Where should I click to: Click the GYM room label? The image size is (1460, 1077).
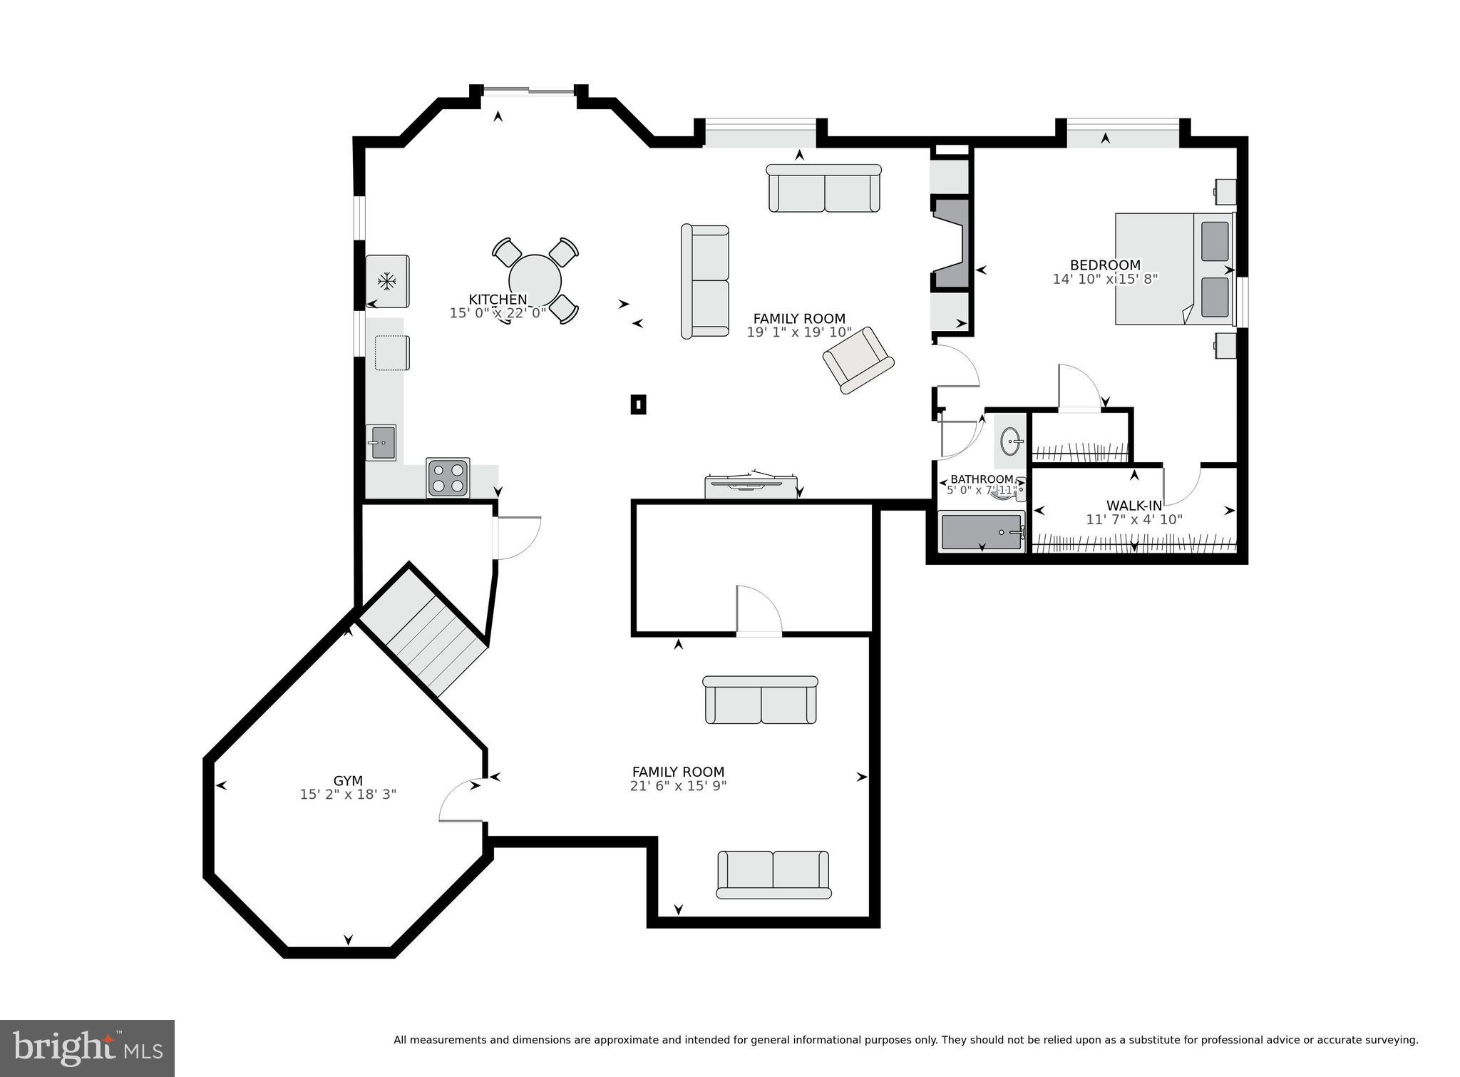tap(348, 780)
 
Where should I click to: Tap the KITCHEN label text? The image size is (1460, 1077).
tap(498, 300)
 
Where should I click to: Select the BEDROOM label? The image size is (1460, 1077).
tap(1105, 265)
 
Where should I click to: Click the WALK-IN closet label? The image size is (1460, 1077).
tap(1133, 506)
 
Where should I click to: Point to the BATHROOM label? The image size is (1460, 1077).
tap(982, 479)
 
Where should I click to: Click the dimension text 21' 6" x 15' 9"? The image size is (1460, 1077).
tap(678, 786)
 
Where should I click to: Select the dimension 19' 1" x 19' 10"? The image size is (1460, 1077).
tap(799, 332)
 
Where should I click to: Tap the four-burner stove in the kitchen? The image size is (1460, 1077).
tap(448, 477)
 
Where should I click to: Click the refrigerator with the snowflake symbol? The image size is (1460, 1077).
tap(387, 281)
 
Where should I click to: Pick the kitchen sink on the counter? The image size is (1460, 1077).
tap(381, 443)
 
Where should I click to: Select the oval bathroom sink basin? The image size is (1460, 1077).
tap(1011, 441)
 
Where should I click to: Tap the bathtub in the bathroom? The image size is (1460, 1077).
tap(982, 532)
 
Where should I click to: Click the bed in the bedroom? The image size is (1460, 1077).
tap(1173, 269)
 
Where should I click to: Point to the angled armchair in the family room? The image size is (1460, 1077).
tap(858, 359)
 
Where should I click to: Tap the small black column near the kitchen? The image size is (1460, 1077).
tap(638, 405)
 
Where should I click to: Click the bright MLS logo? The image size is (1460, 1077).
tap(87, 1048)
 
